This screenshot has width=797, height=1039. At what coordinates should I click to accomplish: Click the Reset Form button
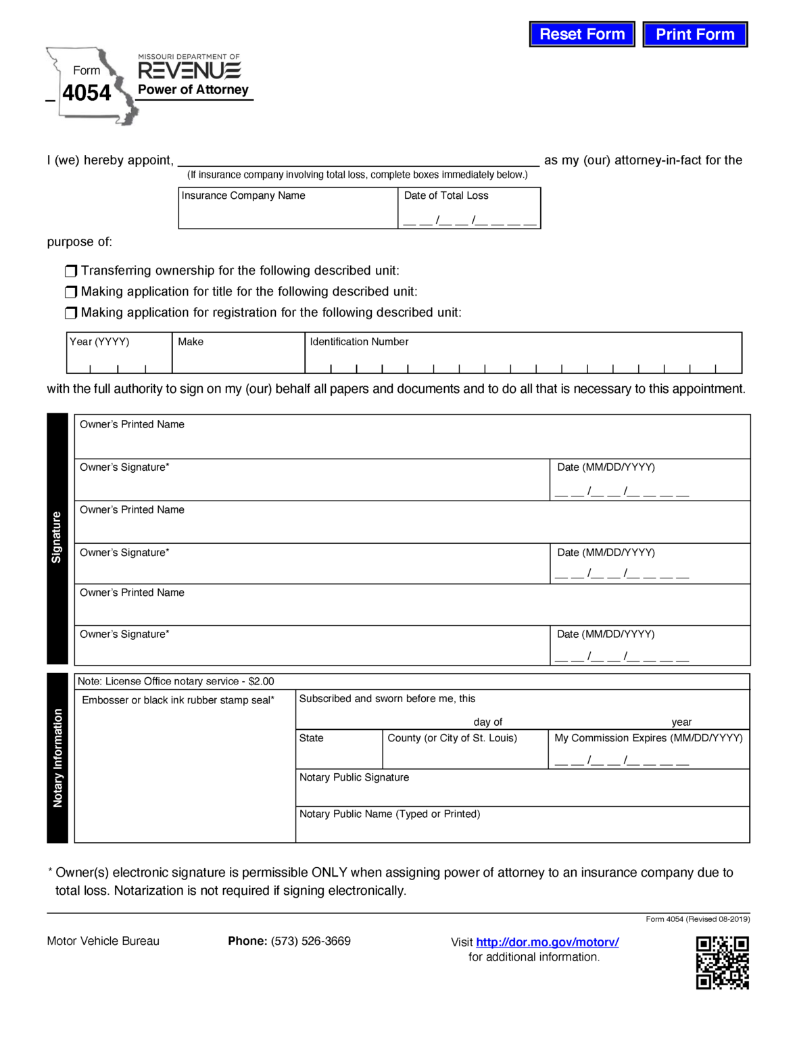coord(581,34)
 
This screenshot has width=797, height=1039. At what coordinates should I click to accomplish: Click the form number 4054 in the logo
coord(87,93)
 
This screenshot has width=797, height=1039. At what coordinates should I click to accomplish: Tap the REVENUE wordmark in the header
coord(189,70)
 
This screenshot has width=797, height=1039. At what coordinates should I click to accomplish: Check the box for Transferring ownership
coord(71,271)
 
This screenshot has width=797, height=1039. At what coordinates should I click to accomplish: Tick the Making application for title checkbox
coord(71,292)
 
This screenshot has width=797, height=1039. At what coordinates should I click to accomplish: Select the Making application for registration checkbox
coord(71,313)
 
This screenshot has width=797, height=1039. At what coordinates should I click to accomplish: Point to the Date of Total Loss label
coord(445,195)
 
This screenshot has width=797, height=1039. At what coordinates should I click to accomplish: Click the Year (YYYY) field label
coord(99,342)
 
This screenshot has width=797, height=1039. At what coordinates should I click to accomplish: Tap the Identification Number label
coord(359,342)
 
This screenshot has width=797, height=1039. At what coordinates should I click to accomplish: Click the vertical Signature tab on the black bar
coord(57,538)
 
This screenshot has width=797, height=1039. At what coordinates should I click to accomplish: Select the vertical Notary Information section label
coord(57,758)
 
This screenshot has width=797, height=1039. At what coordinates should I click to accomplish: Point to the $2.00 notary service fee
coord(261,681)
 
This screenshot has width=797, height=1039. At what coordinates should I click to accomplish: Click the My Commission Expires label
coord(648,738)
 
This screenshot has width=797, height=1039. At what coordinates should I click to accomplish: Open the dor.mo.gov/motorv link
coord(547,942)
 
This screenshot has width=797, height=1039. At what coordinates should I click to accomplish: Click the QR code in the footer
coord(722,963)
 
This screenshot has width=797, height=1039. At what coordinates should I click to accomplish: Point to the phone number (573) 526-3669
coord(310,941)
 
